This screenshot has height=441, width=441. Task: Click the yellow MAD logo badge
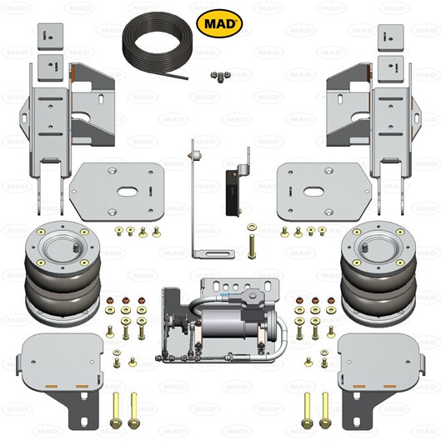[x=219, y=23]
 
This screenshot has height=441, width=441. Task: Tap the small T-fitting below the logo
[x=220, y=76]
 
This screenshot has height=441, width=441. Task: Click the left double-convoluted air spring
[x=63, y=273]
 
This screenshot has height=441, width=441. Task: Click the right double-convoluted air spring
[x=378, y=273]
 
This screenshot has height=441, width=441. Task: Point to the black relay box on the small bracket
[x=233, y=193]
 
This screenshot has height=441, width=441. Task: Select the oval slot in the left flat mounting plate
[x=126, y=192]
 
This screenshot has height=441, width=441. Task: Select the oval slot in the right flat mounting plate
[x=313, y=192]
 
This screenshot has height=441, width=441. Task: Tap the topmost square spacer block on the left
[x=50, y=37]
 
